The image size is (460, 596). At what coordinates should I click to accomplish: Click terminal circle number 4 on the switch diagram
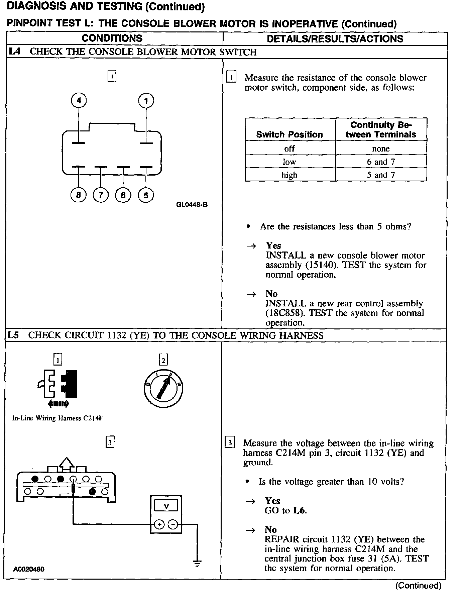(x=79, y=100)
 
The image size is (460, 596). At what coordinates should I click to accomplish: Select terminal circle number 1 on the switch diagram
(x=146, y=101)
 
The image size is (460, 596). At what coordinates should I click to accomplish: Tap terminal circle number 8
(x=79, y=195)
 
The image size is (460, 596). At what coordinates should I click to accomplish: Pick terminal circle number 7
(x=101, y=195)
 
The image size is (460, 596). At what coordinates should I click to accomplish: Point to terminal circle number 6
(x=123, y=195)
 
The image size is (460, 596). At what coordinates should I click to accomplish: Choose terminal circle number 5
(x=146, y=195)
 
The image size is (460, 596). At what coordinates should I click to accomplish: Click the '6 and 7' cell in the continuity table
(x=381, y=162)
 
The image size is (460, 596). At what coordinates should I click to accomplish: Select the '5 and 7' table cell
(x=381, y=175)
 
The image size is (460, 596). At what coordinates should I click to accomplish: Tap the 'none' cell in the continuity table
(x=381, y=149)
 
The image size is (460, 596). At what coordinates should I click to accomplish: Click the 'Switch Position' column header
(x=290, y=134)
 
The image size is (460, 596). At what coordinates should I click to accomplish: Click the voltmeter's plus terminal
(x=159, y=525)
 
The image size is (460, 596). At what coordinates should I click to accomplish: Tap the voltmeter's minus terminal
(x=172, y=525)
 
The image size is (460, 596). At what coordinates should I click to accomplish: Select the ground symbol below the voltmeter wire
(x=197, y=563)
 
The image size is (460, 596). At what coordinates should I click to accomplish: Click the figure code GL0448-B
(x=192, y=205)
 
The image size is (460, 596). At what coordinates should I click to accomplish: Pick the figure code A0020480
(x=29, y=569)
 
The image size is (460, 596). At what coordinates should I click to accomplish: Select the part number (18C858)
(x=285, y=313)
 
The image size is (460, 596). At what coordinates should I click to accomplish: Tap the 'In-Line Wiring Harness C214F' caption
(x=57, y=418)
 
